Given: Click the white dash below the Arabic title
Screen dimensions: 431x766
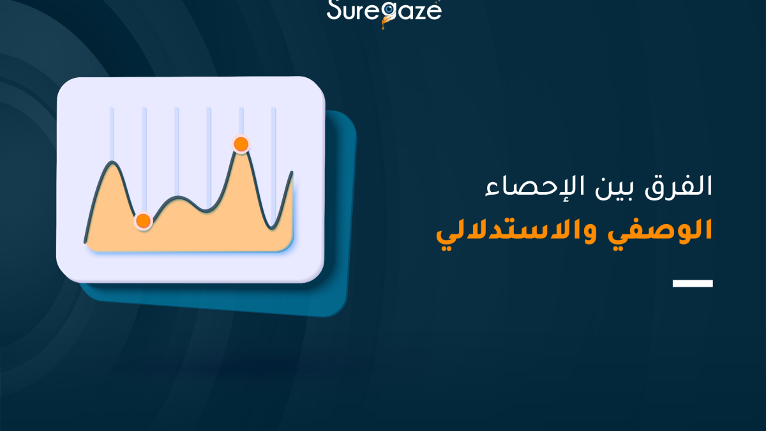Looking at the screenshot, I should click(693, 283).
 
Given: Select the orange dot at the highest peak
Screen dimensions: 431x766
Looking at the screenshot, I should click(241, 144).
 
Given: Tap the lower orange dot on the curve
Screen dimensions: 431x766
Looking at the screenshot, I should click(144, 221).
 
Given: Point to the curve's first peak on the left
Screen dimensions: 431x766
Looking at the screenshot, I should click(112, 163).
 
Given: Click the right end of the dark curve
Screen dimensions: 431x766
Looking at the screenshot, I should click(292, 172).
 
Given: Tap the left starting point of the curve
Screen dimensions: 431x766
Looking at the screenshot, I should click(86, 241).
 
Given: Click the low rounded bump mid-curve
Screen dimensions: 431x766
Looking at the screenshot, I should click(179, 197).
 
